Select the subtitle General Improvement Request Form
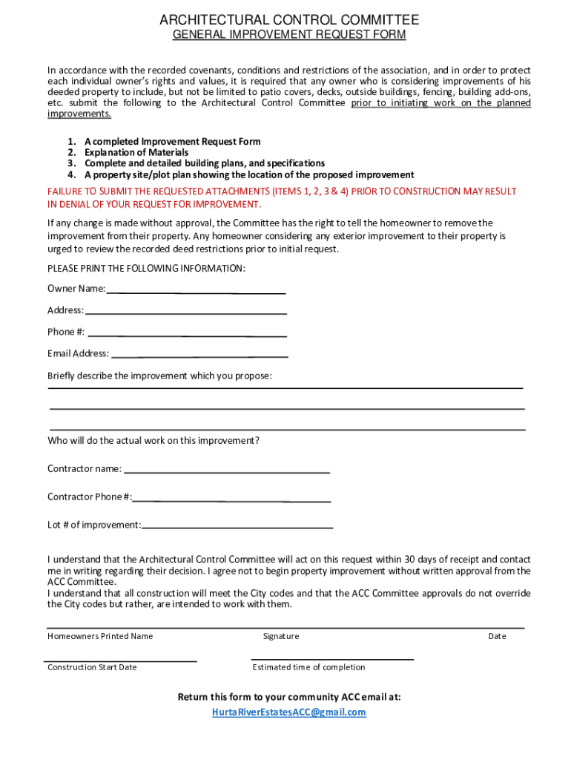289,35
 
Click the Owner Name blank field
196,289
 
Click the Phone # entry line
187,332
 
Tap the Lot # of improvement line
237,525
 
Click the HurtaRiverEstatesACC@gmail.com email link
289,712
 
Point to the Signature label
281,636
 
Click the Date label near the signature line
497,636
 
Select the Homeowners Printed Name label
100,636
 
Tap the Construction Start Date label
92,667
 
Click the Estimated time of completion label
308,667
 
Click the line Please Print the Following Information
146,268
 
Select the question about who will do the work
154,441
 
